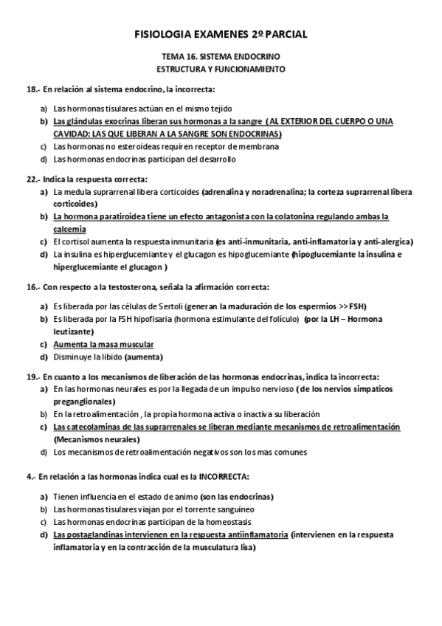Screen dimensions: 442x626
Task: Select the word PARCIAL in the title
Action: pyautogui.click(x=285, y=34)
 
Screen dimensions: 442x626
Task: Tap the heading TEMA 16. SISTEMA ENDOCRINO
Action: pyautogui.click(x=221, y=57)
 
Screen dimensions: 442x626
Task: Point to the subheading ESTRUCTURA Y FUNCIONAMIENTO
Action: pyautogui.click(x=221, y=69)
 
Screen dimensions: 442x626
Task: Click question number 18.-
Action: pyautogui.click(x=32, y=89)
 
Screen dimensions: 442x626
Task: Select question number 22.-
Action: pyautogui.click(x=32, y=179)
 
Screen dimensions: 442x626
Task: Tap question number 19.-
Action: pyautogui.click(x=32, y=376)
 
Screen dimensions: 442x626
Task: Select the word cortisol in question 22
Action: pyautogui.click(x=74, y=241)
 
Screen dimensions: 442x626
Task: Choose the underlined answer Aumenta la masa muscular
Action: pyautogui.click(x=103, y=345)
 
